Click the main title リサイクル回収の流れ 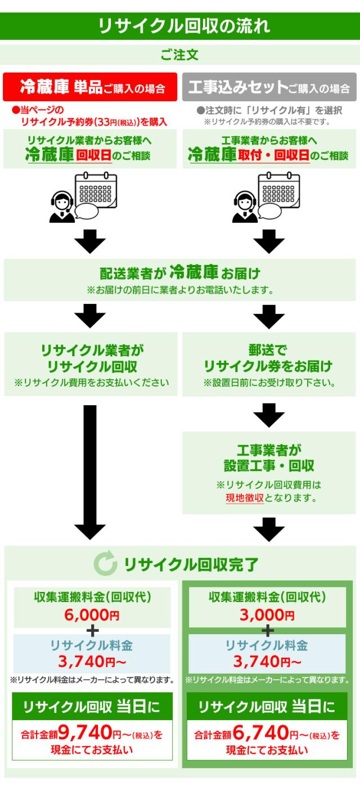[x=180, y=26]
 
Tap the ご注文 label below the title [x=179, y=55]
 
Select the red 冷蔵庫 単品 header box [x=91, y=87]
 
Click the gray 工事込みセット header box [x=269, y=87]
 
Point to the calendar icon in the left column [x=97, y=190]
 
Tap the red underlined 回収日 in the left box [x=94, y=156]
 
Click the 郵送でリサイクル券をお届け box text [x=268, y=358]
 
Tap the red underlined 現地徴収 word [x=244, y=498]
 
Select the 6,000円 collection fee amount [x=92, y=615]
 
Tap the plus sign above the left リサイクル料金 [x=92, y=629]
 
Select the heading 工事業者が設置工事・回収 [x=268, y=457]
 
